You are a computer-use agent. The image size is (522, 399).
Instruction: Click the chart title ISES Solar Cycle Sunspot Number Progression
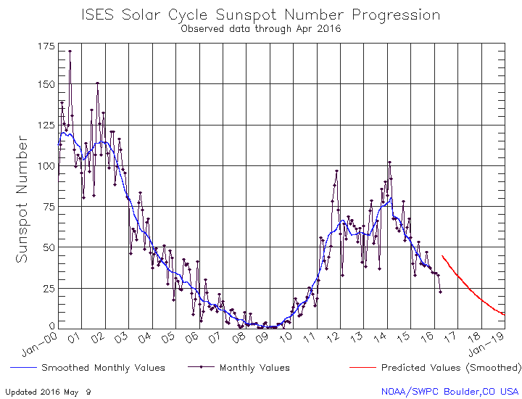(261, 15)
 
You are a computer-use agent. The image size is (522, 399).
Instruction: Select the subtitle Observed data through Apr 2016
(261, 29)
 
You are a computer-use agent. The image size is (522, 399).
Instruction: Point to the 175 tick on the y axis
(45, 46)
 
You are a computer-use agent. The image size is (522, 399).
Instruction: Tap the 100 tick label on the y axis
(45, 165)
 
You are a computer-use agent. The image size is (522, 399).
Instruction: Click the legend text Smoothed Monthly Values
(103, 368)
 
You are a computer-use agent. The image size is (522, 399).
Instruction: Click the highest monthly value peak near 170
(70, 52)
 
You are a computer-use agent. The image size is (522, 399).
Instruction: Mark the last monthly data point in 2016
(440, 292)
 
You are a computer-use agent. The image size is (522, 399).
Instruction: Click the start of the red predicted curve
(442, 256)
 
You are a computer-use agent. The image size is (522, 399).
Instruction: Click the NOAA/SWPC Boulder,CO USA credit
(450, 391)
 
